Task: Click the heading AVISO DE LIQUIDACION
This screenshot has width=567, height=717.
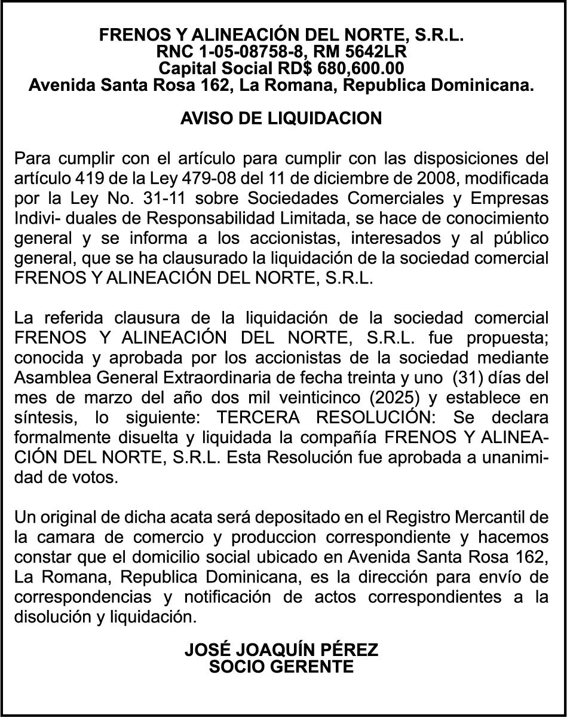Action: pyautogui.click(x=281, y=118)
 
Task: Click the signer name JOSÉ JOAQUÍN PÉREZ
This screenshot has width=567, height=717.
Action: pyautogui.click(x=281, y=649)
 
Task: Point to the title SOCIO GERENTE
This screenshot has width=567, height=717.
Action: pyautogui.click(x=281, y=666)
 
